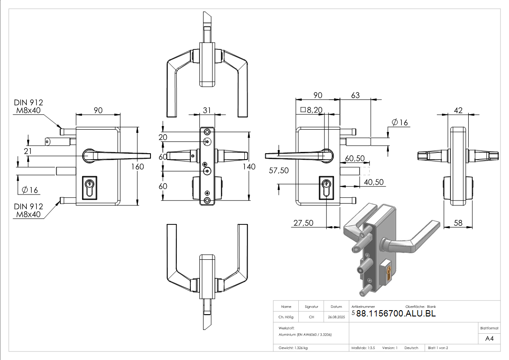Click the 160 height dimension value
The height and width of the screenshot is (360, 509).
[x=137, y=166]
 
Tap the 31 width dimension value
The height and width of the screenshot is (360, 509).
[x=207, y=110]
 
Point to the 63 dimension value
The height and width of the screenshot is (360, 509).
[x=355, y=95]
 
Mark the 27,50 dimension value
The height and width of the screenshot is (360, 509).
[x=303, y=223]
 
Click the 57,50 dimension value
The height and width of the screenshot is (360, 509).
[x=278, y=171]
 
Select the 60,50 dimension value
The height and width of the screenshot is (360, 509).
[x=355, y=158]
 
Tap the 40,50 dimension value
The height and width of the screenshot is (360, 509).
[x=374, y=182]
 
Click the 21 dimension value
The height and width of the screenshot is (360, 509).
[x=28, y=151]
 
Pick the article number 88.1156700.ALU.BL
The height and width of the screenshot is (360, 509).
[x=396, y=313]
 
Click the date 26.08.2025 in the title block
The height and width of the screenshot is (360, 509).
[x=336, y=317]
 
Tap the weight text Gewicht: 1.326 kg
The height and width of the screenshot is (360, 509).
[x=293, y=348]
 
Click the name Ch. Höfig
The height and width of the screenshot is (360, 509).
[x=286, y=317]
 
